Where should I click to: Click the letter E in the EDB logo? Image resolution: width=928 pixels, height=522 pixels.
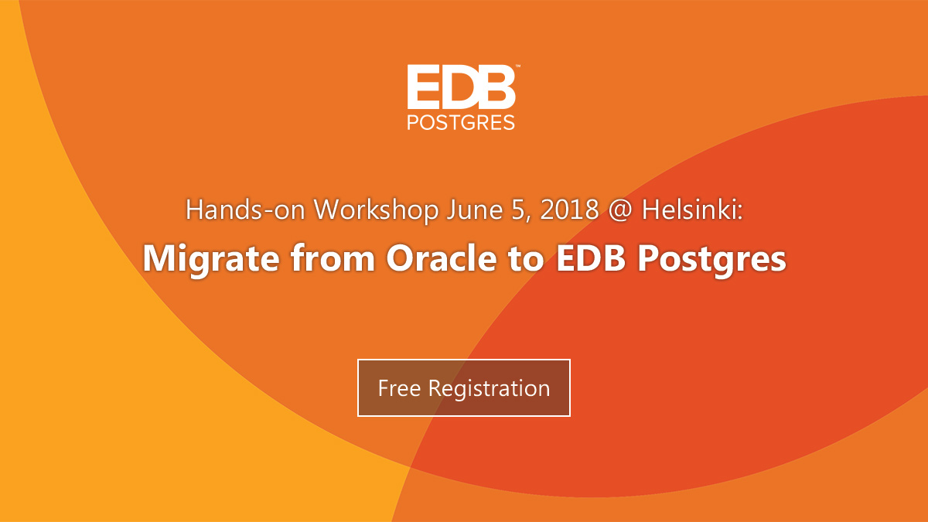423,87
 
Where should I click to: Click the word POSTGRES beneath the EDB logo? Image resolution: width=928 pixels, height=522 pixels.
462,122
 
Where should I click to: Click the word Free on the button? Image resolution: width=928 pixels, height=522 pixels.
399,387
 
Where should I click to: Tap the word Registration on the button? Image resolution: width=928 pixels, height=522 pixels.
489,387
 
